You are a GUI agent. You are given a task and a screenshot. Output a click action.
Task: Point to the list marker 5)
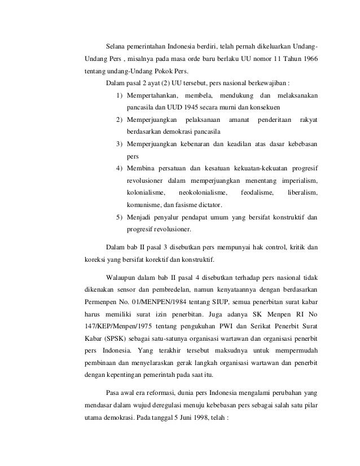[x=120, y=217]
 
